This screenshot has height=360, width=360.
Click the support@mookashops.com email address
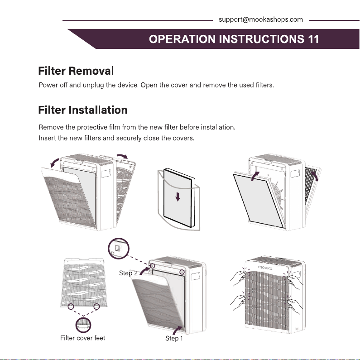260,20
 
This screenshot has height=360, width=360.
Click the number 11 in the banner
313,39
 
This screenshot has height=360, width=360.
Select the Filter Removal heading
76,71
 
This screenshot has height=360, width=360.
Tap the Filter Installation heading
83,110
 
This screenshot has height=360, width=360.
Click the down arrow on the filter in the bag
178,197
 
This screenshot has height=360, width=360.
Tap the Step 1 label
174,338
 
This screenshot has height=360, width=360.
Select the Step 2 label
128,273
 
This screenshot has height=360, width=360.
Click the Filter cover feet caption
83,338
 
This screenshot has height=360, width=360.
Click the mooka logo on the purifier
265,268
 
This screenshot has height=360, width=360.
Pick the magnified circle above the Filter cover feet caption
83,325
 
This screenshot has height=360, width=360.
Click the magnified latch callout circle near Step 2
119,249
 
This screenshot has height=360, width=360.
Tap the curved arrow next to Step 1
176,330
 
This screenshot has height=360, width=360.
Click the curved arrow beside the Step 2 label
144,270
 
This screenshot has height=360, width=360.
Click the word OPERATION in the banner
182,39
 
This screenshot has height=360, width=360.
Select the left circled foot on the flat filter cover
71,306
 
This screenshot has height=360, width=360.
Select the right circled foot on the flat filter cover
96,306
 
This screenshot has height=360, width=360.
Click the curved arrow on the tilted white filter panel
254,176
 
